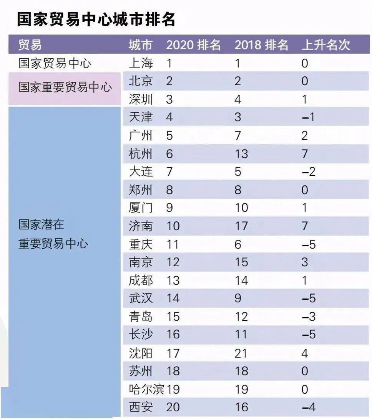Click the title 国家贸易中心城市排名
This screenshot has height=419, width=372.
coord(96,20)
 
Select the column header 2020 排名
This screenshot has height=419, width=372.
coord(193,45)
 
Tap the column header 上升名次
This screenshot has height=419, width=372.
coord(325,45)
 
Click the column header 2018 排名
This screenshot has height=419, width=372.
coord(261,45)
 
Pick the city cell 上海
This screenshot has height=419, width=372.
coord(141,63)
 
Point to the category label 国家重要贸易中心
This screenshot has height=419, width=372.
coord(65,87)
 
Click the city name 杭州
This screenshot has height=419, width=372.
coord(141,154)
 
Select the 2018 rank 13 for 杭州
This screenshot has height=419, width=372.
coord(241,154)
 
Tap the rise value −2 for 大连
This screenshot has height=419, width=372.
coord(308,172)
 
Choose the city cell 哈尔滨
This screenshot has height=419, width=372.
coord(146,389)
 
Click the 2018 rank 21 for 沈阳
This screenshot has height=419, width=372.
coord(241,353)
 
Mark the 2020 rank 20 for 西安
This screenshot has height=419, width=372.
coord(173,407)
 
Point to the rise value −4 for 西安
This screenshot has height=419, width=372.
coord(308,407)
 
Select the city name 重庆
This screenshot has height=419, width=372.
coord(141,244)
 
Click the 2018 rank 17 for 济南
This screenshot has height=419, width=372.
coord(241,226)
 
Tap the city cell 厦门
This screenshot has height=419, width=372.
coord(141,208)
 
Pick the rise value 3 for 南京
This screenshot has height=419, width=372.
coord(305,262)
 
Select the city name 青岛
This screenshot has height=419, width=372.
coord(141,317)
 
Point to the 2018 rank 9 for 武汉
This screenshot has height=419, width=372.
coord(238,299)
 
